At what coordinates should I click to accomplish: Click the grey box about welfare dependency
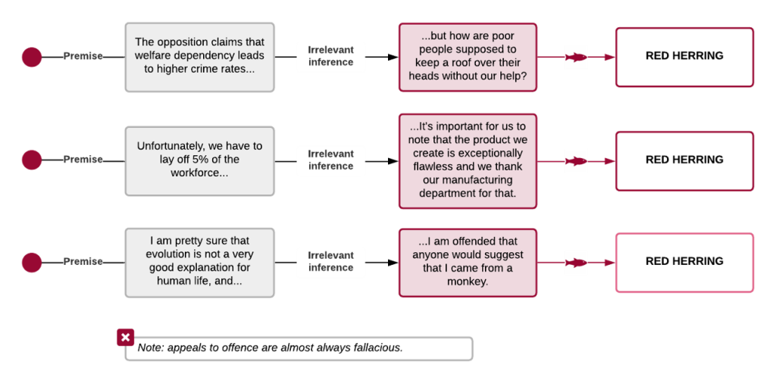199,57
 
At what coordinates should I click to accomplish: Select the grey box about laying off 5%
199,160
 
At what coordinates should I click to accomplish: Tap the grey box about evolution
199,261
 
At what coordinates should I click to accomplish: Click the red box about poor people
468,57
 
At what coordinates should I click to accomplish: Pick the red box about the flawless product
468,160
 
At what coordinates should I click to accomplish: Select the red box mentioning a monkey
468,261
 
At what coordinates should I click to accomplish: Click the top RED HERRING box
684,57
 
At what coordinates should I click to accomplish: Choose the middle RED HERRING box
684,160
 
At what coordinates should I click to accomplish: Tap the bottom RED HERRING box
684,261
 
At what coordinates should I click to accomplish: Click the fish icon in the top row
576,58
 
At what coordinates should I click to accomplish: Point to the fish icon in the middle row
576,161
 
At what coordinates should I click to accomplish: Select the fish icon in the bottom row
576,263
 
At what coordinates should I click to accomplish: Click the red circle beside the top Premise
31,57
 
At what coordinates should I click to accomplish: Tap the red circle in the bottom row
31,263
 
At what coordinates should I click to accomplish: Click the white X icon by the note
126,338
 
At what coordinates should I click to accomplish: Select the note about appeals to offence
299,348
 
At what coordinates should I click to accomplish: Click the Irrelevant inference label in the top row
330,56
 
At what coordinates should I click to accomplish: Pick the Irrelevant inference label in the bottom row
330,261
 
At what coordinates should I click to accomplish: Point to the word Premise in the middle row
83,160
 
